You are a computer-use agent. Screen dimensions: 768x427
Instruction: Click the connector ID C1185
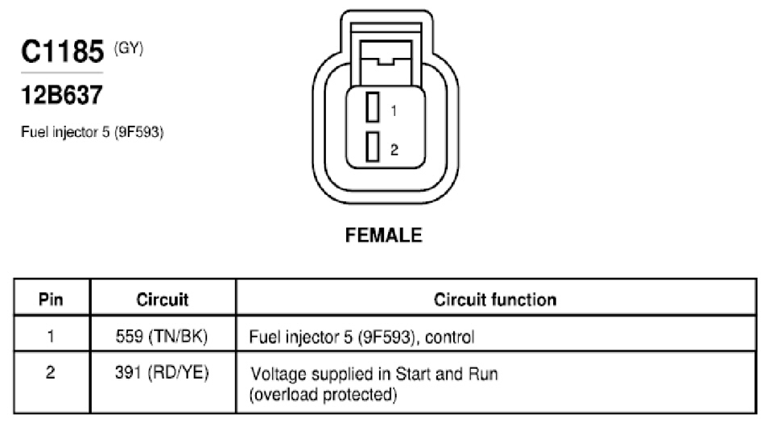pyautogui.click(x=62, y=51)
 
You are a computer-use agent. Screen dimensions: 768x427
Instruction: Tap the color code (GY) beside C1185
pyautogui.click(x=128, y=48)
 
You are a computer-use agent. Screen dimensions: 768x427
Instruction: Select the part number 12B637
pyautogui.click(x=62, y=95)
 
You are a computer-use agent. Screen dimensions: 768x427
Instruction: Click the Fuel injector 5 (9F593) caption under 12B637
pyautogui.click(x=92, y=132)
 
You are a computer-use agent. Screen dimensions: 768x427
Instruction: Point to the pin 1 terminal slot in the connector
pyautogui.click(x=373, y=107)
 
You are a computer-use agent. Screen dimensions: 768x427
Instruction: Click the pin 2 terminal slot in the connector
pyautogui.click(x=373, y=147)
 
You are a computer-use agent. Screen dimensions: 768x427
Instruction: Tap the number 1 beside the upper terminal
pyautogui.click(x=394, y=111)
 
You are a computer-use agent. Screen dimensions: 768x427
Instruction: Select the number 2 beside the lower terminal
pyautogui.click(x=394, y=150)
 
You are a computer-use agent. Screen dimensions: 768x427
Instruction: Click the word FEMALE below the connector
pyautogui.click(x=383, y=235)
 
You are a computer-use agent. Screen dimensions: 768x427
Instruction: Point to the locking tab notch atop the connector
pyautogui.click(x=385, y=62)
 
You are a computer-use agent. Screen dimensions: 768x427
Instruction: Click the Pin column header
pyautogui.click(x=51, y=300)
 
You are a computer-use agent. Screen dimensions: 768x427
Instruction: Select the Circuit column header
pyautogui.click(x=162, y=300)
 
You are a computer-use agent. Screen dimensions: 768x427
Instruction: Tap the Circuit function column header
pyautogui.click(x=495, y=300)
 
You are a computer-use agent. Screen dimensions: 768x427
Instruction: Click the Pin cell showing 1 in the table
pyautogui.click(x=51, y=336)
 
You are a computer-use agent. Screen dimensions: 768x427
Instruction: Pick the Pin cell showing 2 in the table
pyautogui.click(x=51, y=372)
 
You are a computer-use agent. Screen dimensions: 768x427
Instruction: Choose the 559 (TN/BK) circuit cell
pyautogui.click(x=162, y=336)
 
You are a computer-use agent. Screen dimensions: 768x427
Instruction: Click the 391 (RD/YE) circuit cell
pyautogui.click(x=162, y=372)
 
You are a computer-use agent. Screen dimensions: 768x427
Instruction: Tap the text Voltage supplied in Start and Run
pyautogui.click(x=374, y=374)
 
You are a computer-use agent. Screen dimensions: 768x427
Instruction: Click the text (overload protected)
pyautogui.click(x=324, y=395)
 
